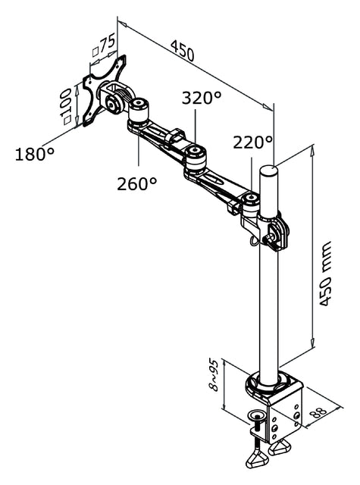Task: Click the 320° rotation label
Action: [201, 98]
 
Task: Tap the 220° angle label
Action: [252, 142]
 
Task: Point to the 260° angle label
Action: [137, 183]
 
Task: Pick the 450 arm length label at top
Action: [182, 52]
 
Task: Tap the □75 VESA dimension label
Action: [102, 48]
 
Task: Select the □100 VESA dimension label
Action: [67, 104]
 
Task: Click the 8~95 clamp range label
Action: [214, 374]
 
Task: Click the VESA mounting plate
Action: [102, 90]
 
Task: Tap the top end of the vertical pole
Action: [270, 168]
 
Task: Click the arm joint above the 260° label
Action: [139, 114]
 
